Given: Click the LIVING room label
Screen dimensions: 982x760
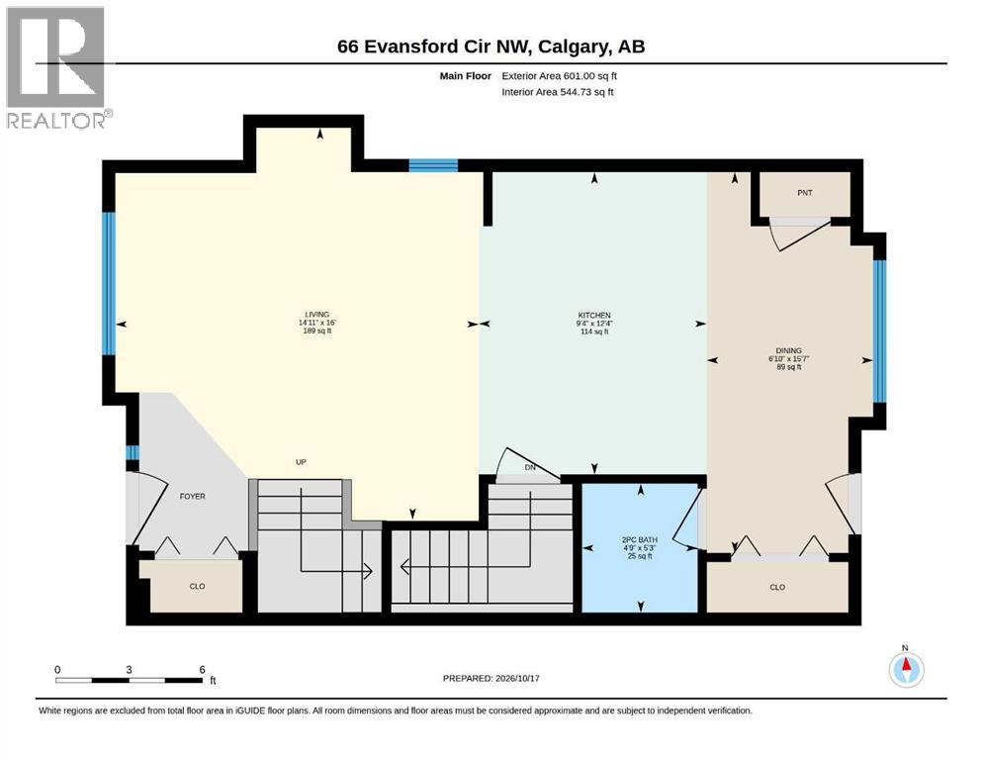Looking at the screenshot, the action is (316, 315).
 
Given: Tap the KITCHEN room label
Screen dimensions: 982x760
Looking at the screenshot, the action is (594, 315).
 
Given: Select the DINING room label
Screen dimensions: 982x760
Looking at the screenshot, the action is (788, 351).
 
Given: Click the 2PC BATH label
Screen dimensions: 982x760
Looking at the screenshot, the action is (640, 539).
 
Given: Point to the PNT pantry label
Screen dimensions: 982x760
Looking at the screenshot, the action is (805, 193).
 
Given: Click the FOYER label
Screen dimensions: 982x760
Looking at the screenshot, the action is (192, 496).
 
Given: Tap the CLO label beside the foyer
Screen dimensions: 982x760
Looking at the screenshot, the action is (197, 587).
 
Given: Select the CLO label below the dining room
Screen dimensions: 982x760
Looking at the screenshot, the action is (777, 587).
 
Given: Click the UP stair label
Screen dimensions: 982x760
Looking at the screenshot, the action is (301, 462).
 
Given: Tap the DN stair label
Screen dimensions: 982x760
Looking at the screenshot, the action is (530, 467).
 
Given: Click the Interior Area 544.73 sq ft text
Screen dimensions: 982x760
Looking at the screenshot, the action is (558, 91).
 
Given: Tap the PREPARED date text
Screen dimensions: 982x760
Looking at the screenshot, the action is (491, 678).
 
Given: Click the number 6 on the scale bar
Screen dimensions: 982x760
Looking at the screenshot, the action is (203, 669).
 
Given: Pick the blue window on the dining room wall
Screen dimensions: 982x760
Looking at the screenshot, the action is (880, 331).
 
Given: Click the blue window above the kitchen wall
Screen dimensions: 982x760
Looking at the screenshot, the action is (433, 165).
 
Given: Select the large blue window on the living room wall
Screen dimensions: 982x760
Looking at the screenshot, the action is (109, 283).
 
